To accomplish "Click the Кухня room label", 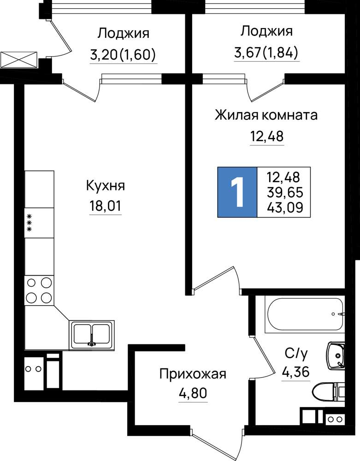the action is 106,186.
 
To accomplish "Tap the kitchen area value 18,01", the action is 105,206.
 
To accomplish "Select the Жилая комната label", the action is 266,115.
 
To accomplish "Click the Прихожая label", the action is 193,374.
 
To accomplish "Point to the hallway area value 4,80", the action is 193,393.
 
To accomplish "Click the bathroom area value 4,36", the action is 295,372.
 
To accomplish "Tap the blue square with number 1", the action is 237,192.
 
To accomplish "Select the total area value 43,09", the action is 285,208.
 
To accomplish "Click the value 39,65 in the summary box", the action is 285,193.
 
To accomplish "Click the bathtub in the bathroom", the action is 305,314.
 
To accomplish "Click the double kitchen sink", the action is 92,335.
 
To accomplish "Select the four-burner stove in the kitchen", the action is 39,290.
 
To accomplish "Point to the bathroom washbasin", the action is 336,355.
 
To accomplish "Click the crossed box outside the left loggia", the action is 19,59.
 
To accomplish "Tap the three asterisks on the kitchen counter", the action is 30,223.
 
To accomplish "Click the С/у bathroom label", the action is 296,354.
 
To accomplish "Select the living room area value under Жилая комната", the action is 267,136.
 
